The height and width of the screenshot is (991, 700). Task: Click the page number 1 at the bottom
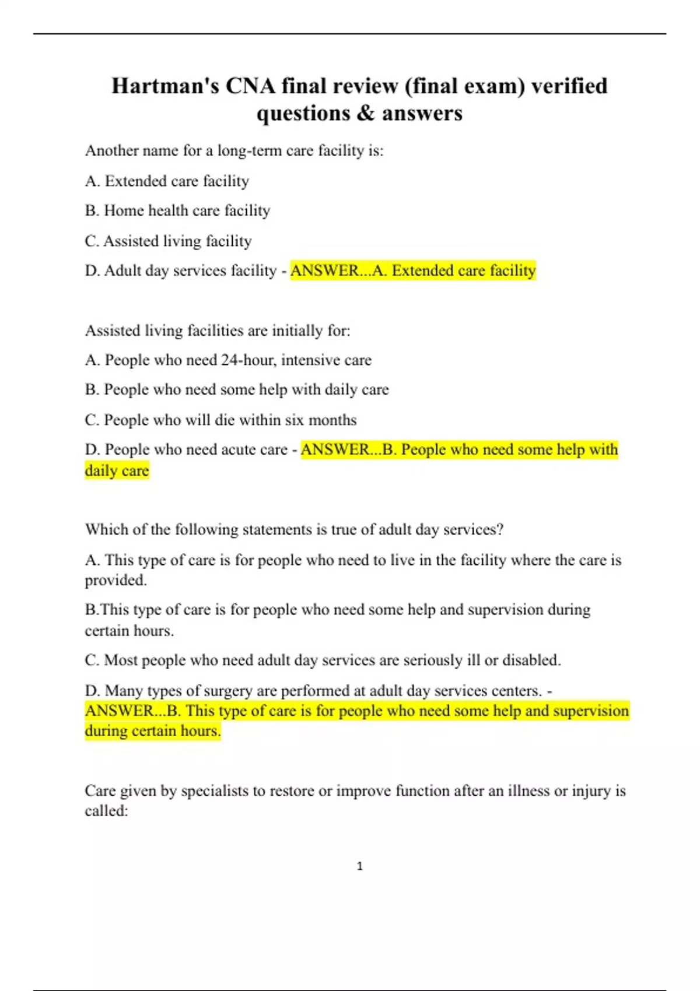pos(359,866)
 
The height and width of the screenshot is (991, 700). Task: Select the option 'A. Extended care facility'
pos(167,181)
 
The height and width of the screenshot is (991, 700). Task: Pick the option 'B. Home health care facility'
pos(177,210)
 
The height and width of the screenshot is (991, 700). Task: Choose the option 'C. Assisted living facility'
pos(168,241)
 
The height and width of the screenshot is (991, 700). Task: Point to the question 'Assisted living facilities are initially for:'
pos(218,331)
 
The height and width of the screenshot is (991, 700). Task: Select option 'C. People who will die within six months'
pos(220,420)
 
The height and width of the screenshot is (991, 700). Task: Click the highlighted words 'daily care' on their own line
pos(117,470)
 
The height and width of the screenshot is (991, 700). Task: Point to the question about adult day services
pos(294,529)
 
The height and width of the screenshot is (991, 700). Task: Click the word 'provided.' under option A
pos(116,581)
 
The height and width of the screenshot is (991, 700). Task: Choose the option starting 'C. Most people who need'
pos(323,660)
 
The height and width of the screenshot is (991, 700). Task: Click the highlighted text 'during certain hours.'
pos(153,731)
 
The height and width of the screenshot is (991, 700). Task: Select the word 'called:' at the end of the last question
pos(106,811)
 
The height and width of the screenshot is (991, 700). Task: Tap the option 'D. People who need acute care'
pos(186,449)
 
